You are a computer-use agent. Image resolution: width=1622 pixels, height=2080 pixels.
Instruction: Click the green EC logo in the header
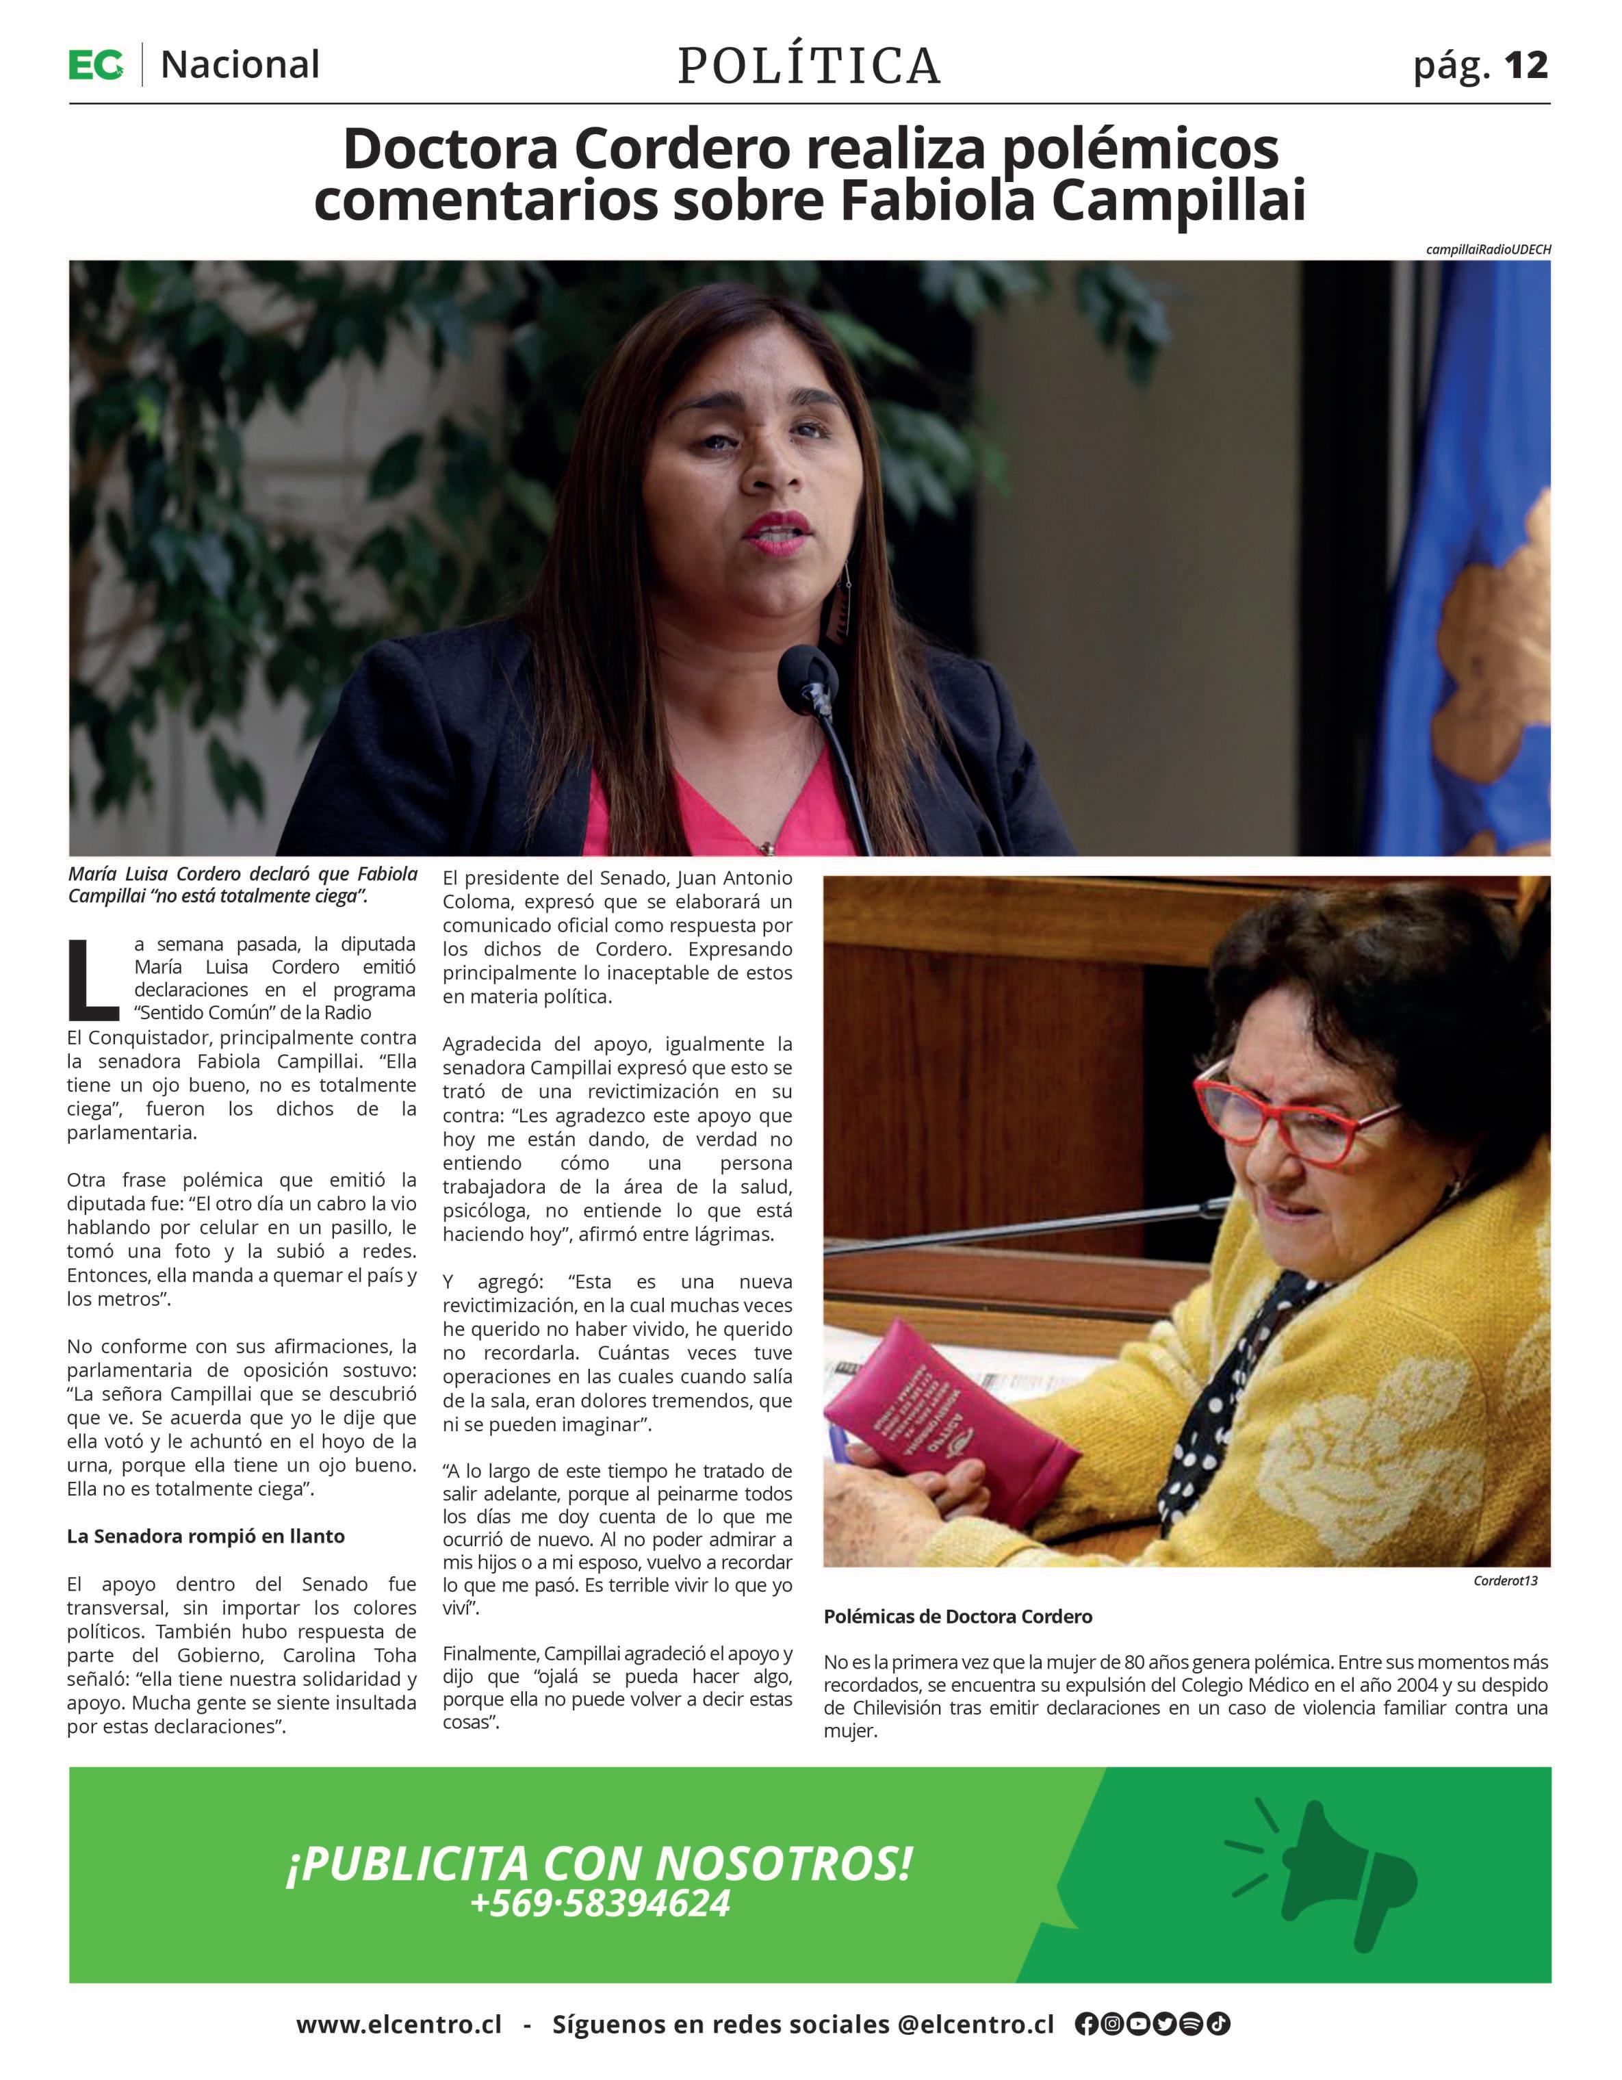tap(95, 65)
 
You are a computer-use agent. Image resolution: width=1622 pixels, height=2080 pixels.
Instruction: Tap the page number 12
tap(1526, 65)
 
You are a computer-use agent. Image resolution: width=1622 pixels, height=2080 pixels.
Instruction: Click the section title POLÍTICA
tap(810, 66)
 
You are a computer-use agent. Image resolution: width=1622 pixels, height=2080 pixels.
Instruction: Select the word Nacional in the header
tap(240, 65)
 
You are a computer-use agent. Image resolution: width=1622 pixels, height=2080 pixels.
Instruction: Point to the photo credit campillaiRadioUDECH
tap(1488, 250)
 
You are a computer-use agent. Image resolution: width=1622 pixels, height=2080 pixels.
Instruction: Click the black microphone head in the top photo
tap(808, 671)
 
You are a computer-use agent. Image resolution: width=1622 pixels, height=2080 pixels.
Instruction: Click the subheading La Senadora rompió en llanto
tap(206, 1536)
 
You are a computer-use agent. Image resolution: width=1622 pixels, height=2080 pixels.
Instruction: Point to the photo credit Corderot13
tap(1505, 1581)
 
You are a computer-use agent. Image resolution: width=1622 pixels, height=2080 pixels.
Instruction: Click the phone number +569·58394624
tap(600, 1903)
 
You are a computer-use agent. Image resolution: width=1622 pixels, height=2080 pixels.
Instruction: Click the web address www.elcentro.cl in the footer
tap(398, 2024)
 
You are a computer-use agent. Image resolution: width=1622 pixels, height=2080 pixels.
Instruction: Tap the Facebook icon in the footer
tap(1085, 2024)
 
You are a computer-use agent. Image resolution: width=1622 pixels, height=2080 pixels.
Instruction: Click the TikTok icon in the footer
tap(1218, 2024)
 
